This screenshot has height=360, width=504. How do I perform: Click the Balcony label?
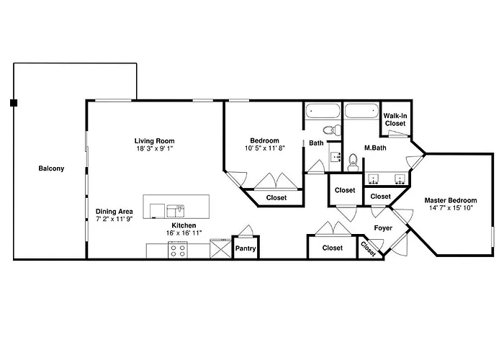pos(51,168)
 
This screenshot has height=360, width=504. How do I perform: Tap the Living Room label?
pos(154,141)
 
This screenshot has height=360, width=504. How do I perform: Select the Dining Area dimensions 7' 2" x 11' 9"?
pos(114,219)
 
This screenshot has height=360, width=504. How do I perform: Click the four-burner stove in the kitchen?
pos(178,251)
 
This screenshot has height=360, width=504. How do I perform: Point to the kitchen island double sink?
pos(176,212)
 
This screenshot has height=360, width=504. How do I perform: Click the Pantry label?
pos(246,248)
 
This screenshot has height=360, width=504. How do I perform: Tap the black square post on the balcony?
pos(14,103)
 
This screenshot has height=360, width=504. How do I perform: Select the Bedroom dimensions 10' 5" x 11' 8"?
pos(265,148)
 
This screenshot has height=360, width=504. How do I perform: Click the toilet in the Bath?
pos(332,130)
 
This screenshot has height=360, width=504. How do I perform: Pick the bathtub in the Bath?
pos(323,111)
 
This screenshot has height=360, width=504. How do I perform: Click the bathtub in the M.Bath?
pos(361,111)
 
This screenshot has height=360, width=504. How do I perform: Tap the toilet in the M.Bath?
pos(353,162)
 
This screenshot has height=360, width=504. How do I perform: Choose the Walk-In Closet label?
pos(395,120)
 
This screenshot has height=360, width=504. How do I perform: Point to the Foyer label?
pos(383,228)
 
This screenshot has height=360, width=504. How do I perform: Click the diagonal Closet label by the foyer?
pos(369,249)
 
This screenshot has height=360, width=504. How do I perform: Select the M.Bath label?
pos(375,148)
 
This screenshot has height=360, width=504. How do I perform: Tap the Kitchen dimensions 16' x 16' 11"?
pos(184,233)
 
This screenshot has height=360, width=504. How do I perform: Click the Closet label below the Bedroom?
pos(276,198)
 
